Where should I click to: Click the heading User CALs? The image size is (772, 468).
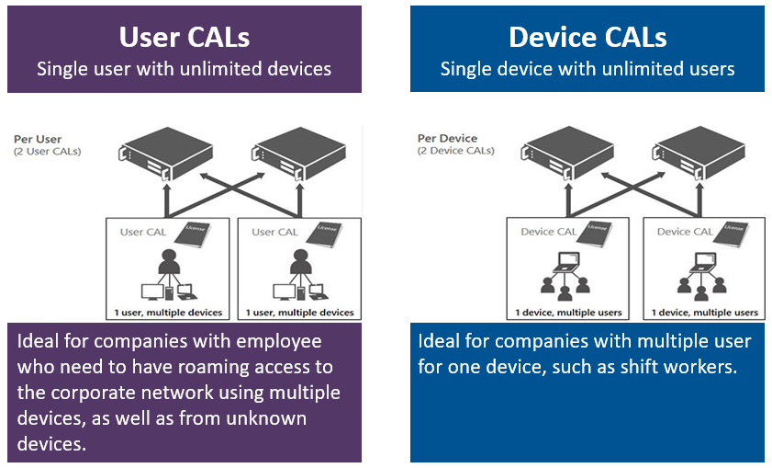click(184, 37)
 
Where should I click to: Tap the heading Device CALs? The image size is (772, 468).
click(587, 37)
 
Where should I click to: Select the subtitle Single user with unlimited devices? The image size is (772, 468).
click(184, 69)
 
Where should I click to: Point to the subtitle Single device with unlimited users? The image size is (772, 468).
click(587, 69)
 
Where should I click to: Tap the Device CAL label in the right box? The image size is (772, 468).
click(686, 232)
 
